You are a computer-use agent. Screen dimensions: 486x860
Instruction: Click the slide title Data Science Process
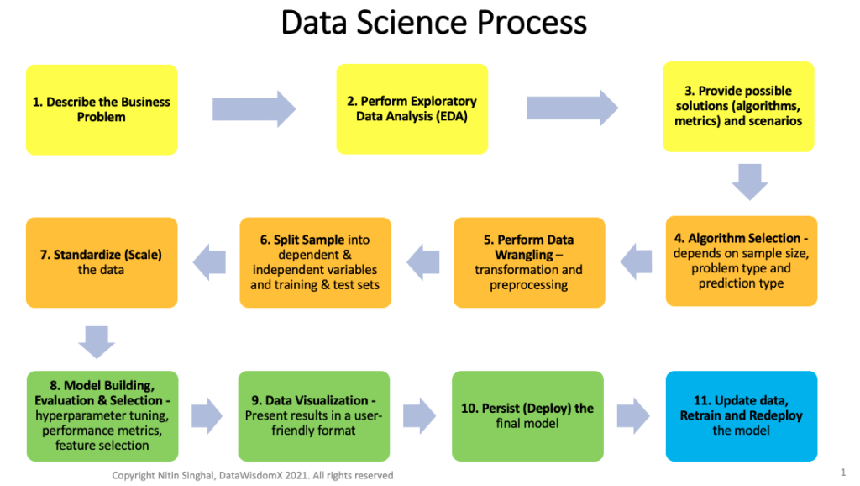click(x=433, y=23)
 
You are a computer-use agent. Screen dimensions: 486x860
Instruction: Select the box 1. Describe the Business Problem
click(x=102, y=109)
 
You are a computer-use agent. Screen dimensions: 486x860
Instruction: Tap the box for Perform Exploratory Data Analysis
click(x=412, y=108)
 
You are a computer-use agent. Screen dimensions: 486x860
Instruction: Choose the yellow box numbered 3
click(x=738, y=106)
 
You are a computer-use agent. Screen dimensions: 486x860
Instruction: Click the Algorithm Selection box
click(x=742, y=261)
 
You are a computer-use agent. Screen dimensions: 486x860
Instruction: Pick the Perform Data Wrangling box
click(x=530, y=262)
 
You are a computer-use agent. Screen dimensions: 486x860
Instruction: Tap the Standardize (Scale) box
click(x=102, y=261)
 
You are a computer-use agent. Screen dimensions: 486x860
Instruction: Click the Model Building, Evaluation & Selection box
click(x=102, y=415)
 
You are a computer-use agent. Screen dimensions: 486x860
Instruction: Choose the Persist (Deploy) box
click(x=527, y=415)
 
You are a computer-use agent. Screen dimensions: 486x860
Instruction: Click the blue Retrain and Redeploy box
click(x=742, y=415)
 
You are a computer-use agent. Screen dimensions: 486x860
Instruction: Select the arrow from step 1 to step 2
click(x=254, y=108)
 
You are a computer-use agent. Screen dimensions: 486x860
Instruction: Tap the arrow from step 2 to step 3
click(x=572, y=108)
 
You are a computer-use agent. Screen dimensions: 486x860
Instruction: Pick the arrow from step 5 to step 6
click(x=423, y=261)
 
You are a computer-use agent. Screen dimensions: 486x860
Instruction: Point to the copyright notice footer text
click(x=252, y=476)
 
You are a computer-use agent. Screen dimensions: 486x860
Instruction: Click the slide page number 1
click(x=842, y=473)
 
